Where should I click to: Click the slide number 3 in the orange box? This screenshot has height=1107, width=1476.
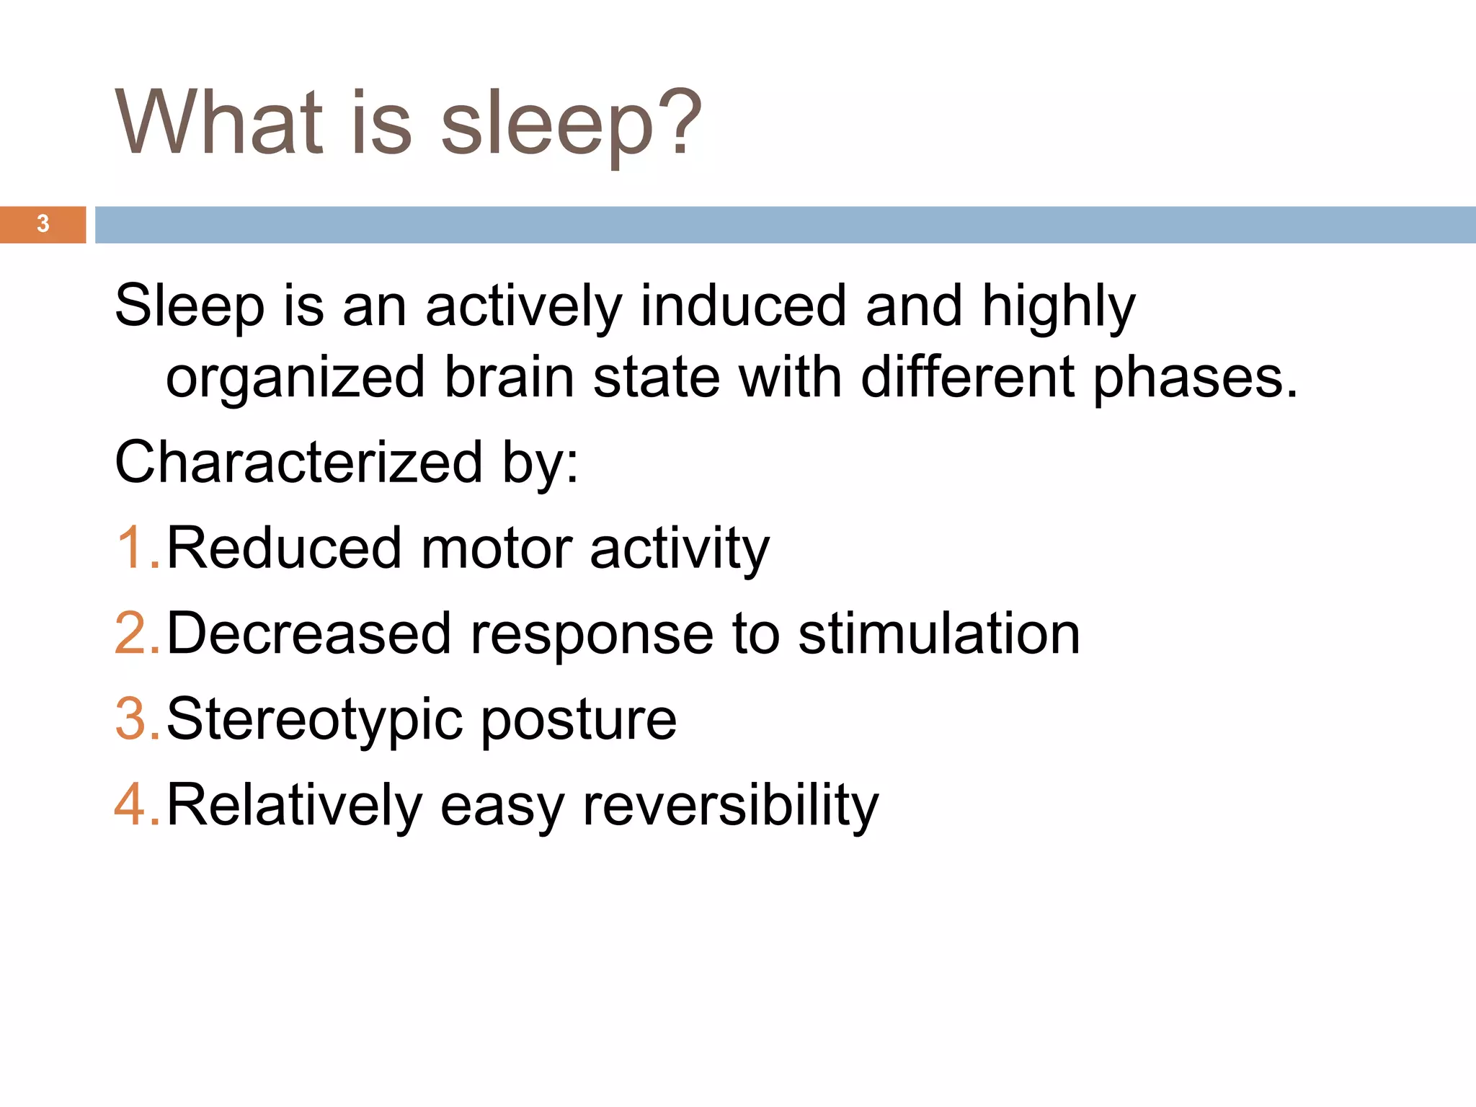coord(43,224)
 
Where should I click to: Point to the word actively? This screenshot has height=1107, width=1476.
coord(523,306)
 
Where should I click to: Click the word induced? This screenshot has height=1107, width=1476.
coord(743,305)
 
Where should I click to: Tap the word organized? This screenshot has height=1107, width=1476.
coord(295,378)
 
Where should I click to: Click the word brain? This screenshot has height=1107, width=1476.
coord(509,377)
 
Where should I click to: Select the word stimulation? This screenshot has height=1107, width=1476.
coord(939,633)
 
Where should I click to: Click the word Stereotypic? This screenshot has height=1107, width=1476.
coord(315,720)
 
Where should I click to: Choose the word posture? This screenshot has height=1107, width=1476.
coord(579,720)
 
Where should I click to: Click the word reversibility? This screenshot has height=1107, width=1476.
coord(731,804)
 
